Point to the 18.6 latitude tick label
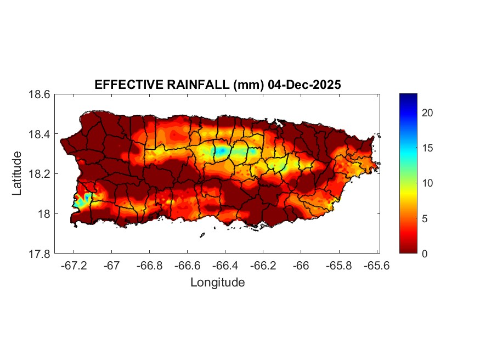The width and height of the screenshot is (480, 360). (x=39, y=94)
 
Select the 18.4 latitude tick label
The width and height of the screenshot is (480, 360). (x=39, y=134)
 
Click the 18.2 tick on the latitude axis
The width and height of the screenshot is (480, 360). (x=39, y=174)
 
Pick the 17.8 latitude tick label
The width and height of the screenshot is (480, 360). (x=39, y=254)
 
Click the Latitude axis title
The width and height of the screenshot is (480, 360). (x=18, y=174)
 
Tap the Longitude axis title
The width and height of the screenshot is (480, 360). (x=217, y=283)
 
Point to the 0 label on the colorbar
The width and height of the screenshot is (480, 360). (x=426, y=254)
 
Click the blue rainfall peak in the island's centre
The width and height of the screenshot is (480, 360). (x=221, y=150)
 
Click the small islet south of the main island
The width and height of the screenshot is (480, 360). (x=202, y=235)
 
